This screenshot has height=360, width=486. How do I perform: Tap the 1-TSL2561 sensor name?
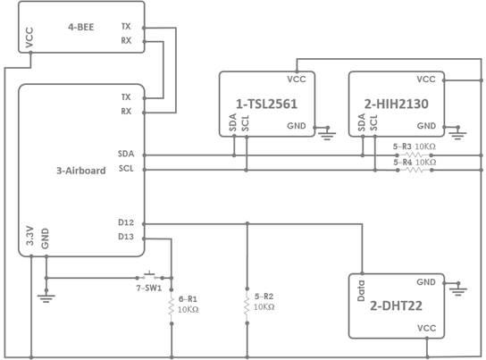267,105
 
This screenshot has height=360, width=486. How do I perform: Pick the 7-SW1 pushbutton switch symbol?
149,274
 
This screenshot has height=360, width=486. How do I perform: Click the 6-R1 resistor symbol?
170,307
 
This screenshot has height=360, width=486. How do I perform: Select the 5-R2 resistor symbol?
246,307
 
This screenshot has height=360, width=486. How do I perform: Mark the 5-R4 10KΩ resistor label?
415,162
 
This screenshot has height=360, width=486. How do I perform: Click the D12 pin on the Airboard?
125,223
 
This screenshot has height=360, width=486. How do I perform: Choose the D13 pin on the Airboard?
125,238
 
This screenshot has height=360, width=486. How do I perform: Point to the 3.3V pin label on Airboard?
29,237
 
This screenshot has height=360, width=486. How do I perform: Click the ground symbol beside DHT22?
458,289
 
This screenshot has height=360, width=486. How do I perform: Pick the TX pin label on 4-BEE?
126,27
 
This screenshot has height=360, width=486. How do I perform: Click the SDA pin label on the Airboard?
125,154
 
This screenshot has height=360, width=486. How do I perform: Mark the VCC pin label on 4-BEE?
30,38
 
